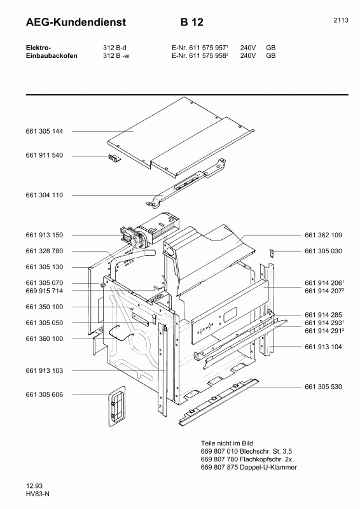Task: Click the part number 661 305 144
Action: click(x=45, y=131)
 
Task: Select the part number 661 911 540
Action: click(x=45, y=156)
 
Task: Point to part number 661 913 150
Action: click(x=45, y=235)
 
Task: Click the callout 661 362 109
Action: click(x=323, y=235)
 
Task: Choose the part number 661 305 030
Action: click(x=323, y=251)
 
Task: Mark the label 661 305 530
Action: click(x=323, y=386)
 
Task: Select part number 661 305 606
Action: click(x=45, y=395)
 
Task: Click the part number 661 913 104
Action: click(x=323, y=347)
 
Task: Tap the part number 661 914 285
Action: click(x=323, y=315)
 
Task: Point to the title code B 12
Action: click(x=191, y=23)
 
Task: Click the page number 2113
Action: click(x=340, y=20)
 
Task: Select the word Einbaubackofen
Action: click(x=52, y=55)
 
